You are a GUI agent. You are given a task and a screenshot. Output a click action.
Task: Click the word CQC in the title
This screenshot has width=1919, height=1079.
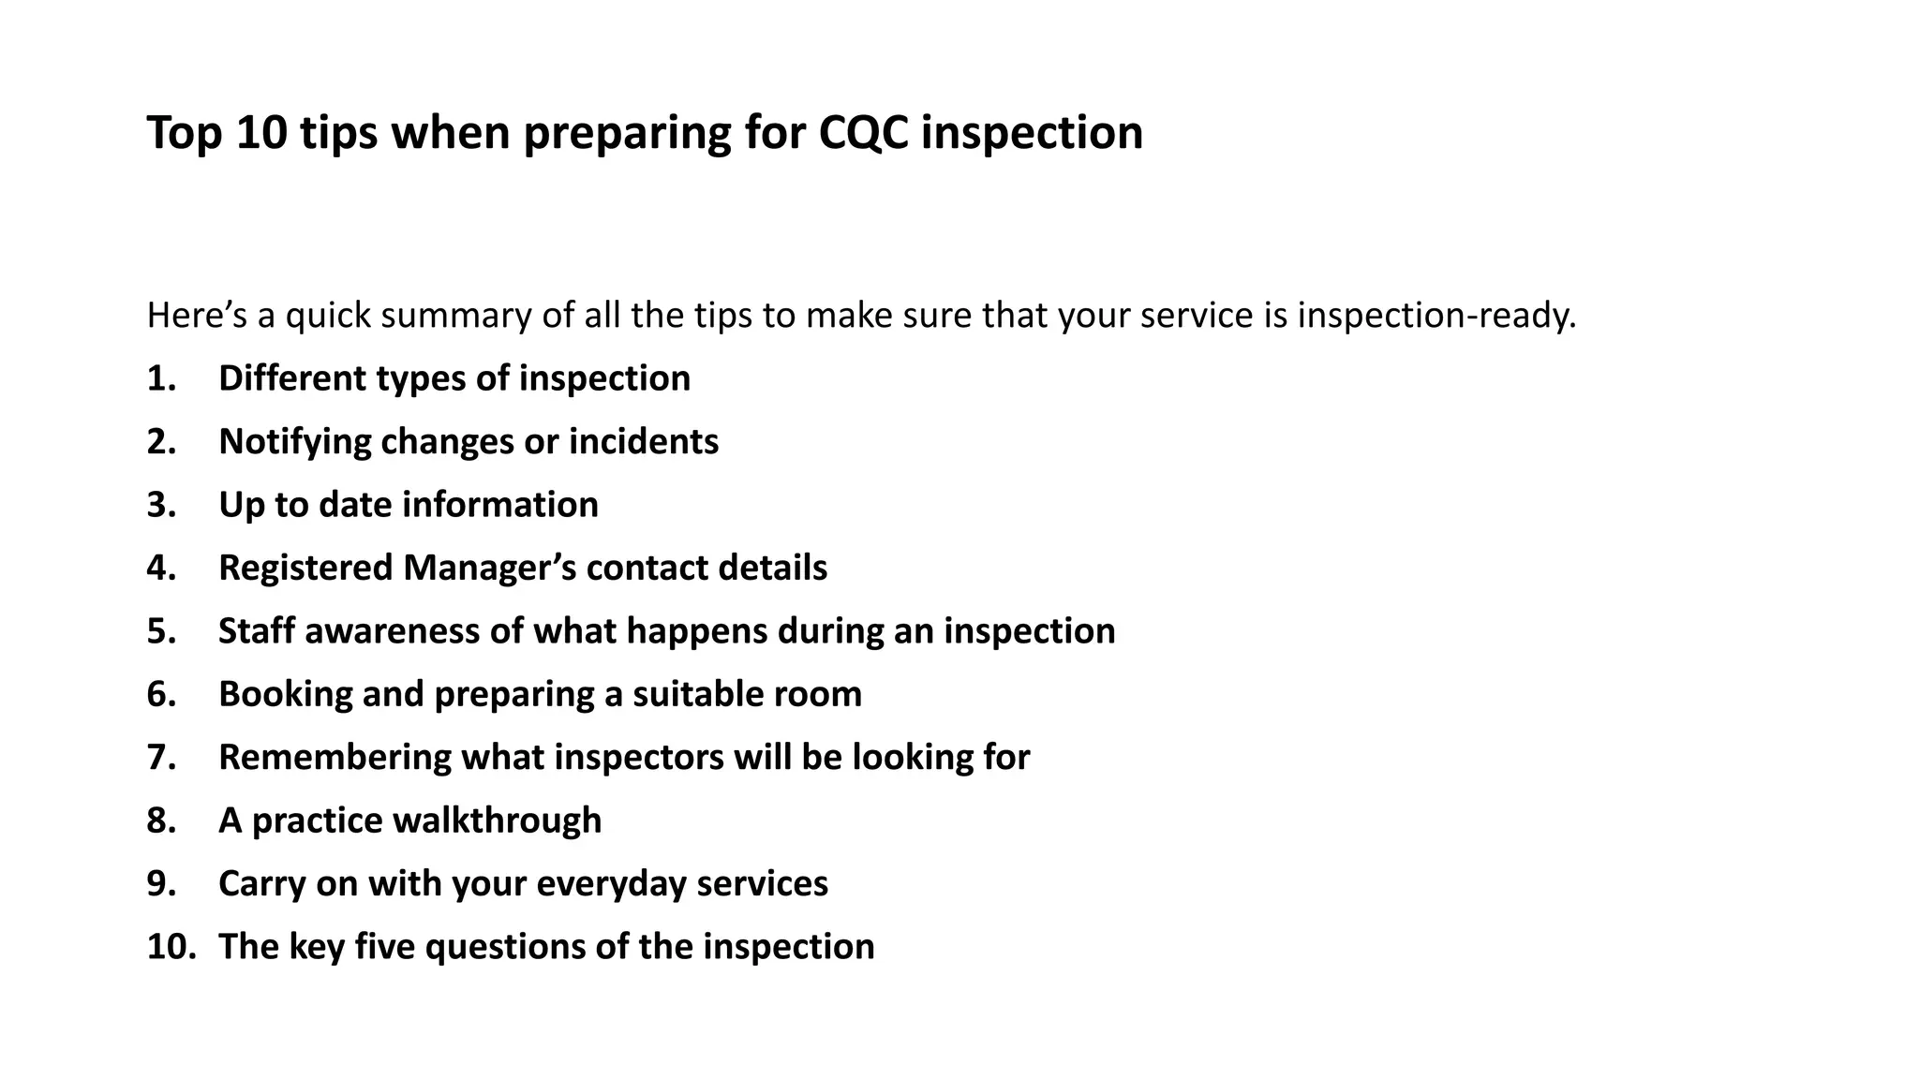(863, 133)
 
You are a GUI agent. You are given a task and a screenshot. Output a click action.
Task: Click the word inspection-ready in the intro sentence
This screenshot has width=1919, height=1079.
(1436, 317)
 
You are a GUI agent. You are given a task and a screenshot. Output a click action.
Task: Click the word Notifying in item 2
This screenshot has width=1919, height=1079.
(294, 442)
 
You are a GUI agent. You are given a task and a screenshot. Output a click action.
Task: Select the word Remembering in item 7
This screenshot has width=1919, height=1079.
(335, 758)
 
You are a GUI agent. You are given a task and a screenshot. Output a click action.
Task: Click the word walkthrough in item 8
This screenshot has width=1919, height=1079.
(497, 820)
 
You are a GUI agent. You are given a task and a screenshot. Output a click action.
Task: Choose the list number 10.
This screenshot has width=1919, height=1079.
(171, 947)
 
